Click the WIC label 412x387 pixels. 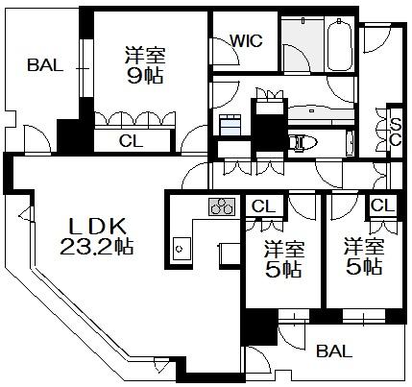click(246, 40)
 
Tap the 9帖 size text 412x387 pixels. click(145, 76)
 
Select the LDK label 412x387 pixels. click(97, 227)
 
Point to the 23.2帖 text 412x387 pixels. click(97, 247)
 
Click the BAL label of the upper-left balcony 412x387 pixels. click(45, 65)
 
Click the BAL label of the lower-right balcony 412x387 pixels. click(334, 351)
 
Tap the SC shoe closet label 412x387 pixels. click(396, 133)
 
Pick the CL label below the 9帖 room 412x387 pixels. click(131, 140)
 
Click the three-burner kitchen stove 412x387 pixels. click(222, 206)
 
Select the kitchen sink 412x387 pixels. click(182, 249)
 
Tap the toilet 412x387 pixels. click(303, 142)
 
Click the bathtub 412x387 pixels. click(339, 45)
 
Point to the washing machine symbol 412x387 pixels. click(230, 125)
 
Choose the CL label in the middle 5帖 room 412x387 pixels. click(263, 206)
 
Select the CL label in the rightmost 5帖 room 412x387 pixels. click(382, 205)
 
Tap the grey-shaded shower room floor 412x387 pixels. click(303, 44)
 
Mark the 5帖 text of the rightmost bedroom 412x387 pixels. click(364, 267)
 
